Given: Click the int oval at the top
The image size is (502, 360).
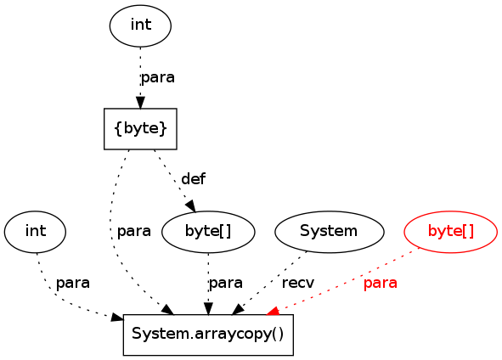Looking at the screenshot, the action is tap(140, 25).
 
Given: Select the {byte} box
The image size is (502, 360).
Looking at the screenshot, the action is tap(140, 129).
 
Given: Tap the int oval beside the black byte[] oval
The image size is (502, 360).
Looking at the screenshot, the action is tap(35, 232).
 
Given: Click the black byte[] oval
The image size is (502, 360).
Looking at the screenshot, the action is tap(208, 232).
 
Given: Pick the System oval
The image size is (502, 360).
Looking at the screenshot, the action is tap(329, 232).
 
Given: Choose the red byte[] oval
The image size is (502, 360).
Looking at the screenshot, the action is tap(451, 232).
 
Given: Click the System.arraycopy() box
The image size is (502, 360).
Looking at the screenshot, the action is tap(208, 335).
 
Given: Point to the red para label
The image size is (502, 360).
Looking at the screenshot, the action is tap(381, 284).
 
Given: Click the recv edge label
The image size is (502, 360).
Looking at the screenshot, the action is tap(298, 283).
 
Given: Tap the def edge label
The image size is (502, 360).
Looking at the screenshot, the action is tap(194, 178).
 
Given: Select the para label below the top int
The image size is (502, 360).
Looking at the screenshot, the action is tap(158, 77).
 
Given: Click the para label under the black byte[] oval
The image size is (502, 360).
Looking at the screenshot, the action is tap(226, 284).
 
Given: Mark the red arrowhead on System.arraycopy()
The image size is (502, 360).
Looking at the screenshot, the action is tap(274, 311).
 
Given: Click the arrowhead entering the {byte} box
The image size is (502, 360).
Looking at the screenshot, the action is tap(140, 103).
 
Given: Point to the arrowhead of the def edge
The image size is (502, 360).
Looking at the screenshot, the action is tap(191, 205).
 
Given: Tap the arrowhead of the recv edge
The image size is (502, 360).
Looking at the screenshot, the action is tap(238, 310).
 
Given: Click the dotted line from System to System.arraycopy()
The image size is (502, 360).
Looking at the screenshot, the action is tap(272, 282).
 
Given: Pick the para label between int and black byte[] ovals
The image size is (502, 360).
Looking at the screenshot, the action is tap(134, 231).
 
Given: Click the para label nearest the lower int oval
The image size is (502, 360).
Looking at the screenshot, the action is tap(73, 284).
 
